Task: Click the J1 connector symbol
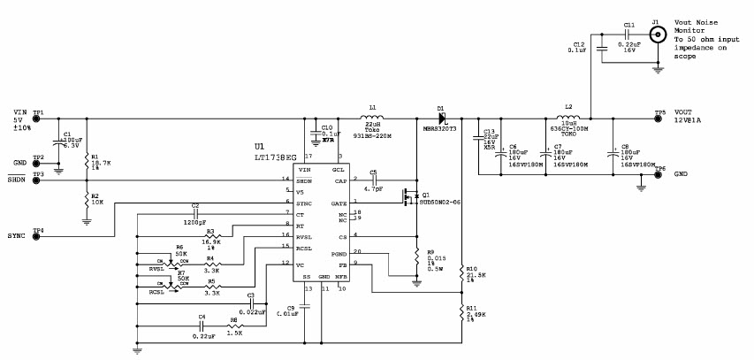(657, 34)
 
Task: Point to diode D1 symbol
(441, 118)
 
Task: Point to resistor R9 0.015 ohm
(417, 257)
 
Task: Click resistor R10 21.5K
(461, 275)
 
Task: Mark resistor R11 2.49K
(461, 310)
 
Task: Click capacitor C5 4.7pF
(372, 180)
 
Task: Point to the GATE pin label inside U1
(338, 203)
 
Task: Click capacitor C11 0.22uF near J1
(628, 34)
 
